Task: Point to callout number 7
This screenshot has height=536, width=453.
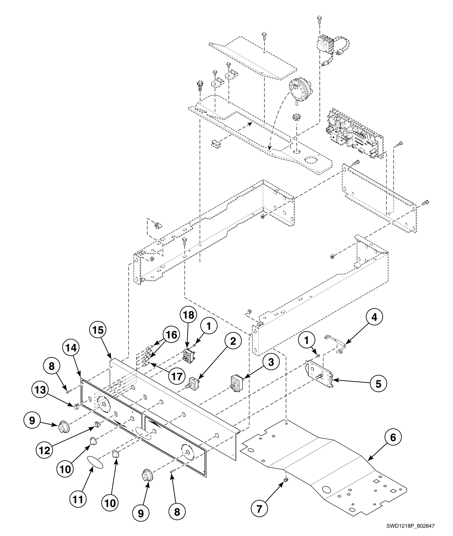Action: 259,508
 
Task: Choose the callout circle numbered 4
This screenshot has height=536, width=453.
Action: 374,317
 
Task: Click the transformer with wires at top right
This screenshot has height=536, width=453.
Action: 326,44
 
